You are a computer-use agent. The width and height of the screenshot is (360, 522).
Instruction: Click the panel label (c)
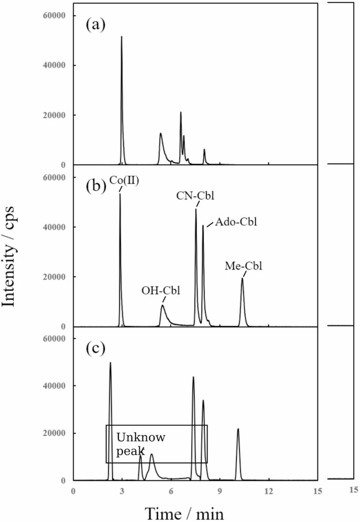[96, 347]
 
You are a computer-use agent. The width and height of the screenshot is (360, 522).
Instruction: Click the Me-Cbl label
[243, 266]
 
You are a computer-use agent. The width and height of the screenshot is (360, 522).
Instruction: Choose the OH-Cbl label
[161, 290]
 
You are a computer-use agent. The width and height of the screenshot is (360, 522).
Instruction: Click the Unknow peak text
[140, 444]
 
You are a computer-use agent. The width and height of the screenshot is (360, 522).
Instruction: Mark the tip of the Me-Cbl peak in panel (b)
[242, 278]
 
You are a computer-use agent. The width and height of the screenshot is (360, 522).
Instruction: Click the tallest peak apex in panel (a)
[121, 37]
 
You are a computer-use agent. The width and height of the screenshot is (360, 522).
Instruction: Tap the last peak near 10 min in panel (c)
[238, 429]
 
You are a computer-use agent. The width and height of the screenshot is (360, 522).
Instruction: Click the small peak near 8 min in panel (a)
[204, 150]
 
